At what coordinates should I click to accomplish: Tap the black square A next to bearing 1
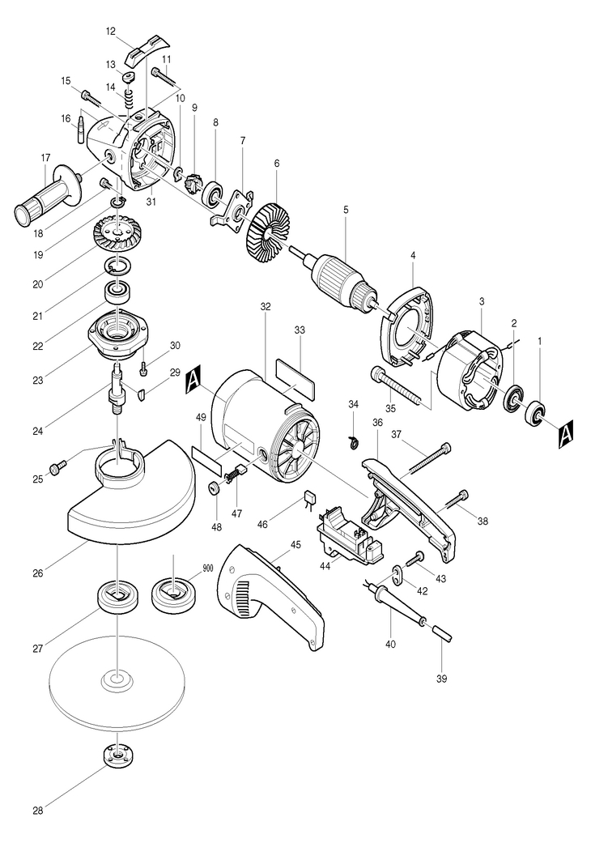(x=566, y=431)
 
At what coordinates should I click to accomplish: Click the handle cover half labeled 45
(x=271, y=594)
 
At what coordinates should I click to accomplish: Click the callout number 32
(x=266, y=306)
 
